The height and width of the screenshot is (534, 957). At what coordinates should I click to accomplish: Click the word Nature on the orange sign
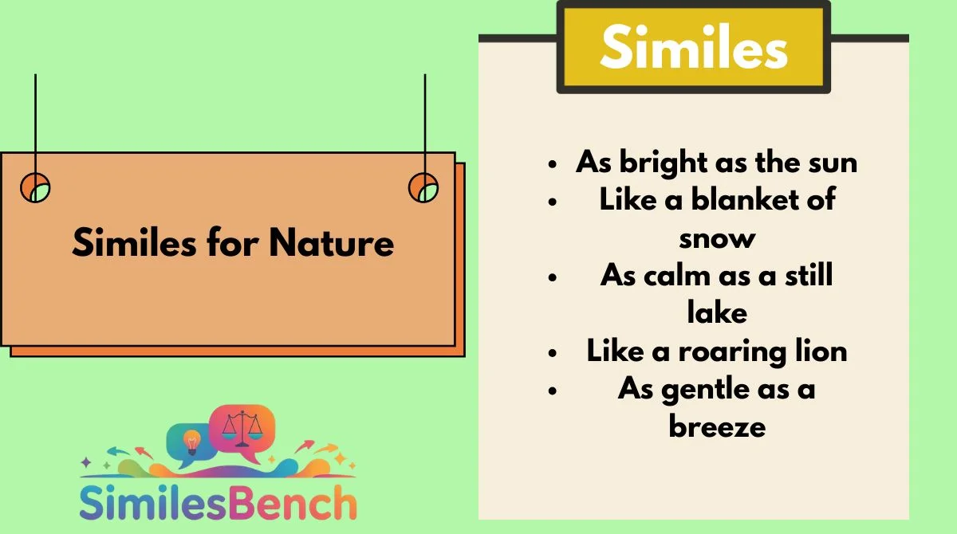(x=332, y=243)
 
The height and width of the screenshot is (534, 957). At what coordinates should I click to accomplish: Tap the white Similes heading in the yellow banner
(x=694, y=46)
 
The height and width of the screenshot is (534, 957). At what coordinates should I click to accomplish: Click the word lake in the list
(x=717, y=312)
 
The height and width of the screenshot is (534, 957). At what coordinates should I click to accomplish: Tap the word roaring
(x=733, y=352)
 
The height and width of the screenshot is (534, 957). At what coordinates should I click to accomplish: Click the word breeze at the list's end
(x=717, y=426)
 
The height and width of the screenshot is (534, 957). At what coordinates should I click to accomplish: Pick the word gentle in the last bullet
(x=705, y=391)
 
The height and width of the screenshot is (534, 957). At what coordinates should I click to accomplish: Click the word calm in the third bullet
(x=677, y=274)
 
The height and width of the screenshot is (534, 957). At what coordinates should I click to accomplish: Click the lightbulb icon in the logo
(x=192, y=442)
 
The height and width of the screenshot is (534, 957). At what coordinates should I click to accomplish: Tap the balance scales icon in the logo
(x=242, y=428)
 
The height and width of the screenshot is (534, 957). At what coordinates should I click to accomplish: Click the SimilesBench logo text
(x=218, y=502)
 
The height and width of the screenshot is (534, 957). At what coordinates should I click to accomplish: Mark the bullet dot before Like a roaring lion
(x=553, y=353)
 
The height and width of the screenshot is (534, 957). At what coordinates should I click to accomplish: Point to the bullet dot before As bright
(x=553, y=164)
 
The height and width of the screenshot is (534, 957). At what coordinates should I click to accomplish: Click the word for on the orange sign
(x=232, y=242)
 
